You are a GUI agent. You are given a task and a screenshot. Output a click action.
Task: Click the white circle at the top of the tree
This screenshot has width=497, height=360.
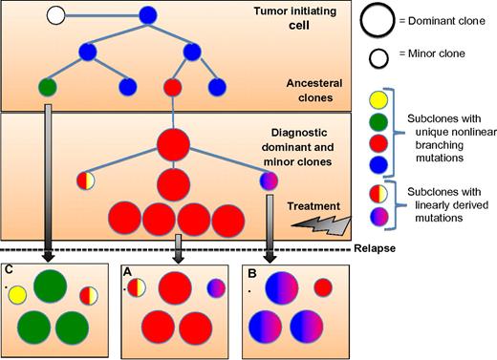[56, 15]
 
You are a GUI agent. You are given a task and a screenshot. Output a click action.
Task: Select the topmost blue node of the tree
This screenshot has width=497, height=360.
[147, 15]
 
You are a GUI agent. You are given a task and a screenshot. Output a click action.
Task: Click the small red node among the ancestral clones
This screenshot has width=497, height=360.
[172, 88]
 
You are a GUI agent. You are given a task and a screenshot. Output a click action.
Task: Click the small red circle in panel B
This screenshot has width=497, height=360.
[323, 287]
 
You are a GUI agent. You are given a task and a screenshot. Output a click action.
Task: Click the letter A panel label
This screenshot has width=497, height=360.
[127, 271]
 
